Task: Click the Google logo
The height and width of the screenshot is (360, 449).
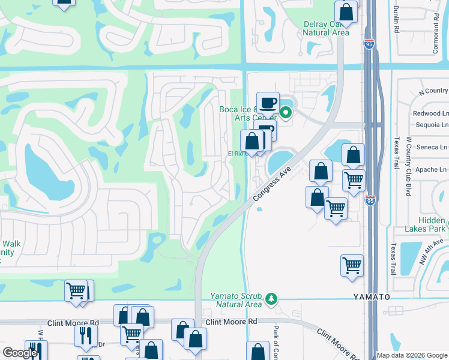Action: click(20, 353)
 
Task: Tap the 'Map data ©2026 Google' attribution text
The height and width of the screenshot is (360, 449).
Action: click(412, 355)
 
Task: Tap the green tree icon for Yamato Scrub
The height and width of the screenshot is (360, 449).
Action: click(271, 298)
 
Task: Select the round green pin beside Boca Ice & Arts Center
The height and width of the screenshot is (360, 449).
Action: click(286, 112)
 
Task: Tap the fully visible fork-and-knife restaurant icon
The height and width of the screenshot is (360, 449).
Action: click(86, 335)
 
